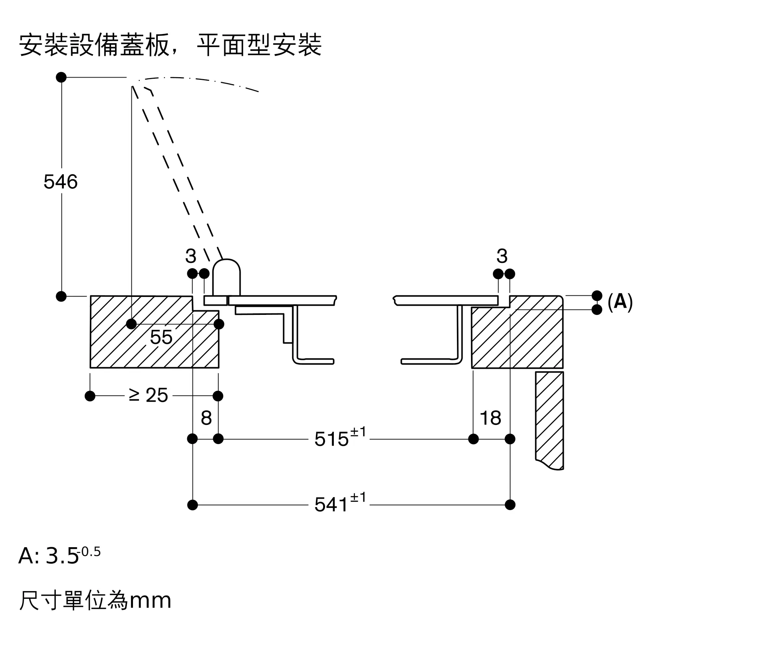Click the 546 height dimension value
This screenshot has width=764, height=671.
click(60, 182)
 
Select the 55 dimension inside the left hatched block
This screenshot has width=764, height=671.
click(161, 337)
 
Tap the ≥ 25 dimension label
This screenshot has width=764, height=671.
click(149, 395)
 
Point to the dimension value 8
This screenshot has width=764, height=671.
click(206, 418)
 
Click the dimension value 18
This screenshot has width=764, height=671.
click(490, 418)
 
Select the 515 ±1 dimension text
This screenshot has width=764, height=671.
click(339, 438)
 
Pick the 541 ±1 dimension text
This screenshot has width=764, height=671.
click(339, 504)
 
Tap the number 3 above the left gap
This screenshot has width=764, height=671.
click(191, 256)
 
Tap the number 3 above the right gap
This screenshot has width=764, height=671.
click(502, 256)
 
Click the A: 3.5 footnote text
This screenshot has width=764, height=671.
click(59, 555)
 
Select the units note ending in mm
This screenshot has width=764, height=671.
click(95, 600)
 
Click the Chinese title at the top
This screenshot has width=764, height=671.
click(170, 45)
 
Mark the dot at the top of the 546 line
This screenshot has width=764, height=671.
click(61, 77)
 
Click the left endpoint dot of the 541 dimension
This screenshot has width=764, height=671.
click(193, 505)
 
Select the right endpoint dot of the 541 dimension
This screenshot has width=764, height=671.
click(510, 505)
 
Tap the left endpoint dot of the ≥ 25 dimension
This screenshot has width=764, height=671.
click(90, 396)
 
